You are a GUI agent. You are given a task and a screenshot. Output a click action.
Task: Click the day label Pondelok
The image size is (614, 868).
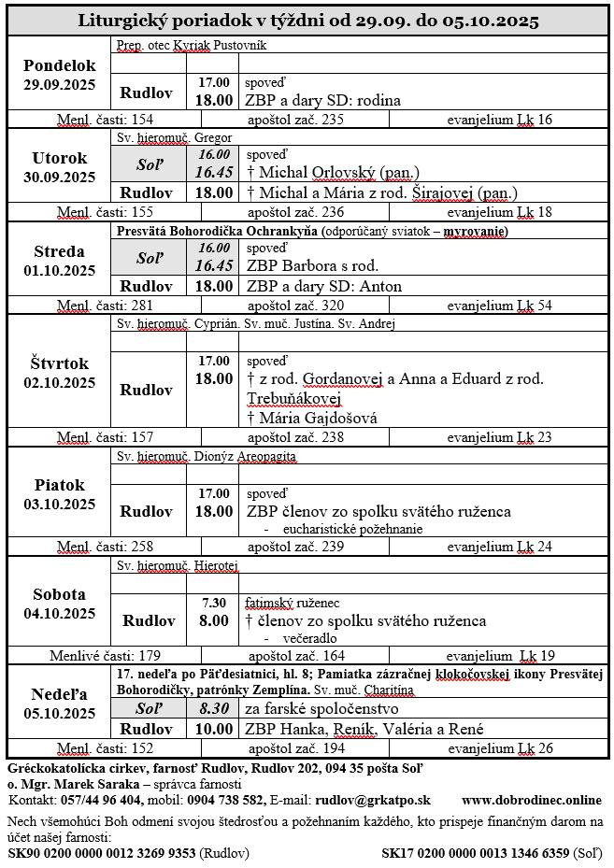tap(59, 65)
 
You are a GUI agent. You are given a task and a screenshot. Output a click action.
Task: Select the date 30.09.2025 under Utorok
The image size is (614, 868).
tap(59, 178)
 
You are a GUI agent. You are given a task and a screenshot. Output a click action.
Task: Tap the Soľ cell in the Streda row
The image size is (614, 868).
tap(149, 256)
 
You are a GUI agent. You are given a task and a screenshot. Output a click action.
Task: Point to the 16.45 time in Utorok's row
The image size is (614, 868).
tap(213, 172)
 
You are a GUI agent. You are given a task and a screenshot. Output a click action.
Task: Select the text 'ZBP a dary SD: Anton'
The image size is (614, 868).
tap(323, 286)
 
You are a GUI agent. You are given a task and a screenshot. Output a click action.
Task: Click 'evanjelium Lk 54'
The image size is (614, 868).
tap(499, 306)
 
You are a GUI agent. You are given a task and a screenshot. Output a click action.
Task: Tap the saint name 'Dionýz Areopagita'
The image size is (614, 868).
tap(244, 456)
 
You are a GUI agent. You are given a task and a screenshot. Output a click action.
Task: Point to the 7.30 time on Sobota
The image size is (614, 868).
tap(214, 603)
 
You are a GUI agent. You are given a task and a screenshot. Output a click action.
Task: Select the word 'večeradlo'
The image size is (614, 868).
tap(309, 637)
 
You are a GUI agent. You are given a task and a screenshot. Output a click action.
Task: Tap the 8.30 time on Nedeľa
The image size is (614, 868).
tap(214, 710)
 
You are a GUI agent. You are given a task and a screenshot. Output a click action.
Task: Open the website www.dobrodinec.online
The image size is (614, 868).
tap(531, 800)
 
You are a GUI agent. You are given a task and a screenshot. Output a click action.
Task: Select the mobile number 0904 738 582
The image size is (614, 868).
tap(225, 800)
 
